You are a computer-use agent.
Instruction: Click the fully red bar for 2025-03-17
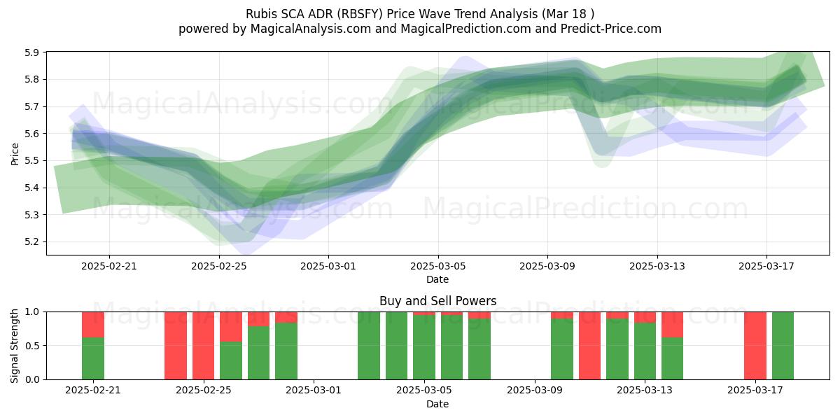pyautogui.click(x=755, y=345)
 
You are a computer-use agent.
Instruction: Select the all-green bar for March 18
pyautogui.click(x=783, y=345)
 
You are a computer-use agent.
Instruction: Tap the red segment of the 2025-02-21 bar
pyautogui.click(x=93, y=325)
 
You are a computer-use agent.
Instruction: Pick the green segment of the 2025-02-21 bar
pyautogui.click(x=93, y=358)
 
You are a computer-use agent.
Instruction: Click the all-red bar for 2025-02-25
pyautogui.click(x=204, y=345)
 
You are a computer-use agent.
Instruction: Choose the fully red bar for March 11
pyautogui.click(x=590, y=345)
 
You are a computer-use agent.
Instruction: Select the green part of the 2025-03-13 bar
pyautogui.click(x=645, y=351)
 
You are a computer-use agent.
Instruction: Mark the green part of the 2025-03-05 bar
pyautogui.click(x=424, y=347)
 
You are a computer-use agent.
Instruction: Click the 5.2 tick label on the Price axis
pyautogui.click(x=31, y=242)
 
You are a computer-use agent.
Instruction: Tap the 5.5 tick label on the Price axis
pyautogui.click(x=31, y=161)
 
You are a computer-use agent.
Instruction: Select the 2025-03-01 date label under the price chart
pyautogui.click(x=328, y=266)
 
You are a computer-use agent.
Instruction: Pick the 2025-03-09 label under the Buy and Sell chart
pyautogui.click(x=534, y=391)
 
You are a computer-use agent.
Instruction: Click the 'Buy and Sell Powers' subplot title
pyautogui.click(x=437, y=301)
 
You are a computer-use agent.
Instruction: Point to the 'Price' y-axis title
pyautogui.click(x=15, y=154)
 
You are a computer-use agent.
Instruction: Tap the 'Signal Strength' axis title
pyautogui.click(x=14, y=346)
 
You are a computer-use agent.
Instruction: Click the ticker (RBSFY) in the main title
pyautogui.click(x=360, y=14)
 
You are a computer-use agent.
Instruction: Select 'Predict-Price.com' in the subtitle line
pyautogui.click(x=611, y=29)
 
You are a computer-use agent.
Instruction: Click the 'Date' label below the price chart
pyautogui.click(x=437, y=279)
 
